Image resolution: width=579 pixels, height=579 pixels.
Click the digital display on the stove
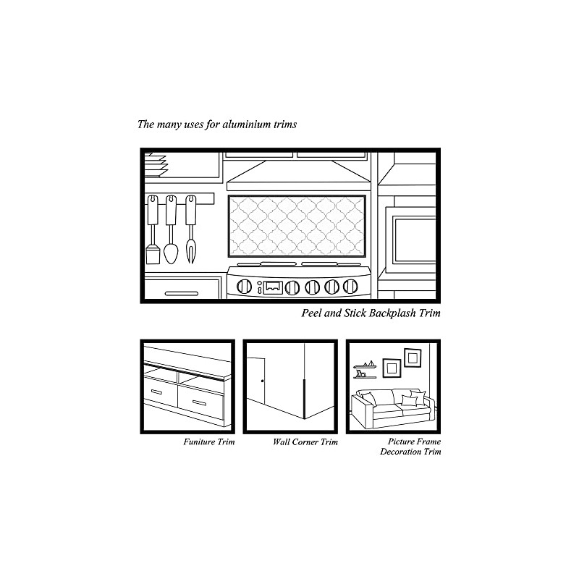click(273, 287)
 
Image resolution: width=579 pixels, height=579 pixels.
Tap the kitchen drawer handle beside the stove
click(181, 293)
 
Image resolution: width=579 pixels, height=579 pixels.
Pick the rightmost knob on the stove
click(350, 287)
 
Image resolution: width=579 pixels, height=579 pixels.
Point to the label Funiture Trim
click(208, 441)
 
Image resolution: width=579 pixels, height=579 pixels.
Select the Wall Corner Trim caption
click(305, 441)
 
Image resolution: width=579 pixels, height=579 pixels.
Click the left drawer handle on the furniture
click(157, 392)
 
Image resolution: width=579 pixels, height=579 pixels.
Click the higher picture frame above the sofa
click(413, 357)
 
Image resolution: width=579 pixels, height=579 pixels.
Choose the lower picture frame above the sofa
click(392, 368)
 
